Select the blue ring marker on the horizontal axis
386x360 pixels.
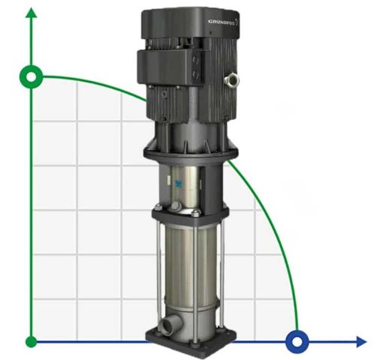point(297,342)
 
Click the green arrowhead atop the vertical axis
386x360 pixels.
point(31,14)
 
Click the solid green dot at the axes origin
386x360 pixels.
point(31,342)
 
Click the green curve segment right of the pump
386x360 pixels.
point(270,225)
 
